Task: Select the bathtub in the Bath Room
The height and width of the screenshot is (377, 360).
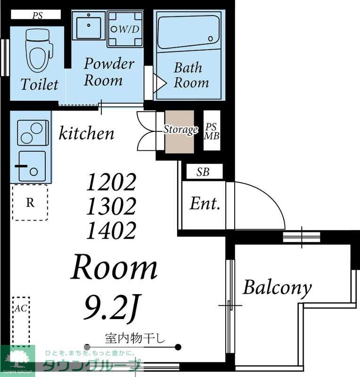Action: (188, 32)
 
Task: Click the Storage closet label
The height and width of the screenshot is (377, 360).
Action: (181, 130)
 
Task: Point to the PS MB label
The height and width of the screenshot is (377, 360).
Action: (212, 131)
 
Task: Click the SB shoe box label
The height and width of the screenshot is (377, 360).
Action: (203, 172)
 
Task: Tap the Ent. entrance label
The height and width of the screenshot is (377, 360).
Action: (205, 204)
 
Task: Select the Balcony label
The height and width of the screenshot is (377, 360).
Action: (277, 287)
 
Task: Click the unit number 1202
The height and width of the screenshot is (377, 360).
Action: (111, 182)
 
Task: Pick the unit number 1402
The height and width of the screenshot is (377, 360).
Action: (111, 230)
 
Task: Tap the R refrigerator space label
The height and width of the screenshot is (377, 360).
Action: (30, 203)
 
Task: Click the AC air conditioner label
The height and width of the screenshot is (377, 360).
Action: (21, 308)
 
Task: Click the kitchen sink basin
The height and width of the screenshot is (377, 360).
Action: (32, 166)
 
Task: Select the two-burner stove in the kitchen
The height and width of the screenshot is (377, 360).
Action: (33, 133)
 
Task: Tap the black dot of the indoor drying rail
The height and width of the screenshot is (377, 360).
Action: (178, 347)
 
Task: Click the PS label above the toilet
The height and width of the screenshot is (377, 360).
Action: (38, 16)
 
